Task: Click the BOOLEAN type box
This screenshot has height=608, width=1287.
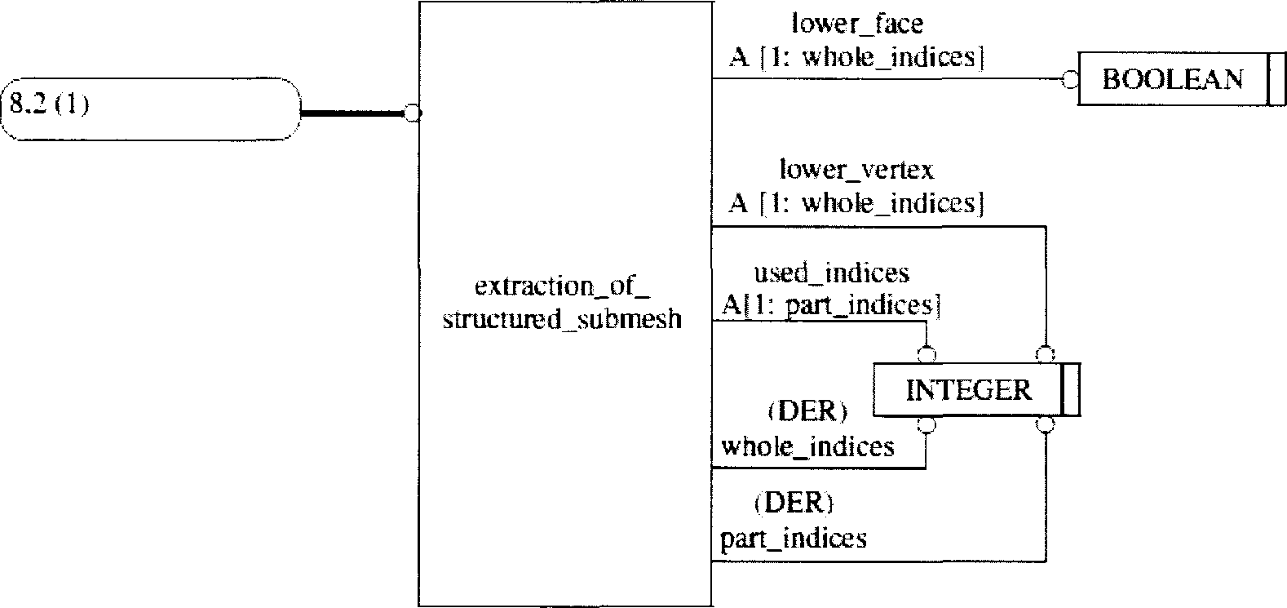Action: pyautogui.click(x=1173, y=79)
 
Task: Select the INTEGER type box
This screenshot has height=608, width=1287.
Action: pyautogui.click(x=968, y=390)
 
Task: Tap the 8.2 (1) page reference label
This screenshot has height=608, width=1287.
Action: pyautogui.click(x=49, y=105)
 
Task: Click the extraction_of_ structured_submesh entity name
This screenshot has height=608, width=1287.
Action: pyautogui.click(x=561, y=303)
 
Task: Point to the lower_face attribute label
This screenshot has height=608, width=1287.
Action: pyautogui.click(x=857, y=24)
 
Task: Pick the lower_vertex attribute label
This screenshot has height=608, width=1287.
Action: pyautogui.click(x=856, y=169)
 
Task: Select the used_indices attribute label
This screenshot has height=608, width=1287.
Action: pyautogui.click(x=831, y=272)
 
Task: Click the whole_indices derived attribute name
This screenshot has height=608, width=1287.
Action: pyautogui.click(x=807, y=446)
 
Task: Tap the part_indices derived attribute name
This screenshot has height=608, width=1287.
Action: pyautogui.click(x=793, y=539)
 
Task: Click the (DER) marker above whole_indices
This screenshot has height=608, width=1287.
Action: pyautogui.click(x=807, y=411)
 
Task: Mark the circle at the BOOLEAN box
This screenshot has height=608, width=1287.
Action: pyautogui.click(x=1070, y=79)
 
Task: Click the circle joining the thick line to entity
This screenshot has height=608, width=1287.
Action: pyautogui.click(x=413, y=114)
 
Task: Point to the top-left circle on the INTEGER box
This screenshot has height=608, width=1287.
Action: pyautogui.click(x=927, y=355)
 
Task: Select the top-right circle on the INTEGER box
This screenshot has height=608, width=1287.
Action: pyautogui.click(x=1046, y=355)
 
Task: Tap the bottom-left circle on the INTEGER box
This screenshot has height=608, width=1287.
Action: pyautogui.click(x=927, y=424)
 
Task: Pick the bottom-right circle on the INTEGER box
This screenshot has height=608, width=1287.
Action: pyautogui.click(x=1046, y=424)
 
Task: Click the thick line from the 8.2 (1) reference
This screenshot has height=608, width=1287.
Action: pyautogui.click(x=352, y=114)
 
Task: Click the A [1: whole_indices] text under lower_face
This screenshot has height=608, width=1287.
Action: pyautogui.click(x=856, y=58)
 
